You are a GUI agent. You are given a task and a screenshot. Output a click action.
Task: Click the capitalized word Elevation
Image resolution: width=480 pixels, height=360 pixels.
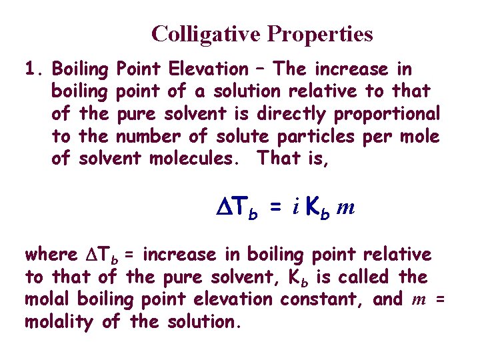(x=209, y=69)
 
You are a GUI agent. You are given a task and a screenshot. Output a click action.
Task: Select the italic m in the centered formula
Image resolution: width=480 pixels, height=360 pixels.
(x=345, y=209)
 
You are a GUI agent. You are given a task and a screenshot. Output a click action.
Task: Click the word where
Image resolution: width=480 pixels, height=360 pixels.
(x=51, y=254)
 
